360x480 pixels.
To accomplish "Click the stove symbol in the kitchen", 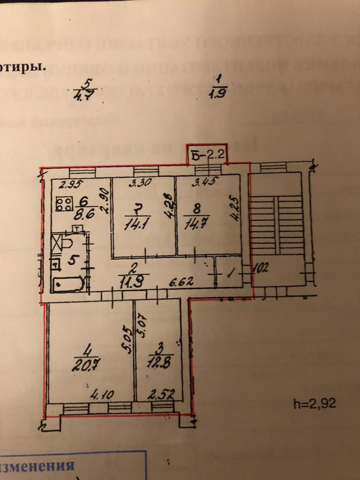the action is (x=64, y=203).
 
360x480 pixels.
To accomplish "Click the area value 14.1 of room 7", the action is (x=135, y=225).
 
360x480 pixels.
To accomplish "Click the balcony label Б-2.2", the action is (x=207, y=154).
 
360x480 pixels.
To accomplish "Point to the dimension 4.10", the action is (x=102, y=395).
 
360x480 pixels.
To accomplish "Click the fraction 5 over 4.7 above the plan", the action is (x=85, y=89).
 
